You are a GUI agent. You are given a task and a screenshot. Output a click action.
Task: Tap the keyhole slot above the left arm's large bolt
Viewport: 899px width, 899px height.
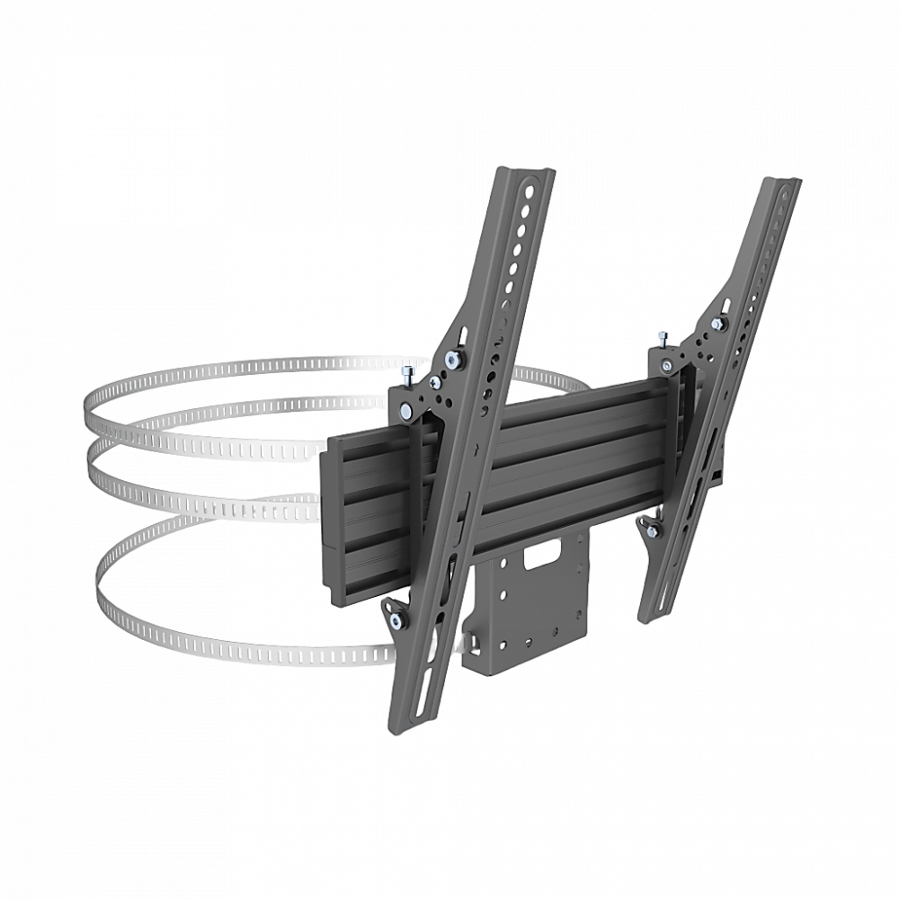click(x=463, y=333)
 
